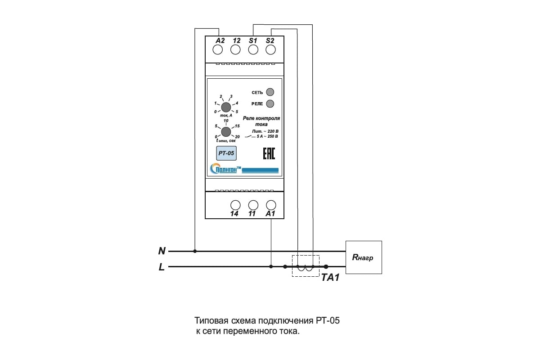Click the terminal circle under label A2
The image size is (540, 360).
click(x=217, y=50)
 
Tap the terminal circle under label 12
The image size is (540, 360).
click(x=235, y=50)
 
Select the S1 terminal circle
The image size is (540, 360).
click(x=253, y=50)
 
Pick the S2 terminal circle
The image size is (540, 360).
click(x=270, y=50)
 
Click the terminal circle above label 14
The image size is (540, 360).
click(x=235, y=205)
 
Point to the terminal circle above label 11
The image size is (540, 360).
click(x=253, y=205)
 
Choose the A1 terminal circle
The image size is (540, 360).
click(x=271, y=205)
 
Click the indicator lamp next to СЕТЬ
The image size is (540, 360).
click(x=270, y=92)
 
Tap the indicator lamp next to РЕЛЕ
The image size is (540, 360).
click(x=270, y=103)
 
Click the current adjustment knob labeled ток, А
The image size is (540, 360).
click(x=226, y=107)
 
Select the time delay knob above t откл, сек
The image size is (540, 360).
click(x=226, y=132)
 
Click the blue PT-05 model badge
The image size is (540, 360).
click(x=226, y=153)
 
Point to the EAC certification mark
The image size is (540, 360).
click(x=269, y=153)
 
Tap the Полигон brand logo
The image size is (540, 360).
click(x=244, y=169)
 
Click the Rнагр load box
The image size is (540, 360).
click(x=364, y=257)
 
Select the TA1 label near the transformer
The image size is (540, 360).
click(x=330, y=278)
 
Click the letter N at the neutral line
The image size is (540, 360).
click(x=162, y=251)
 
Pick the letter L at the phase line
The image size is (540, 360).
click(x=162, y=267)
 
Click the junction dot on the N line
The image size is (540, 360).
click(x=195, y=251)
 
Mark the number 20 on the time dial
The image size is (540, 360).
click(x=237, y=137)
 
